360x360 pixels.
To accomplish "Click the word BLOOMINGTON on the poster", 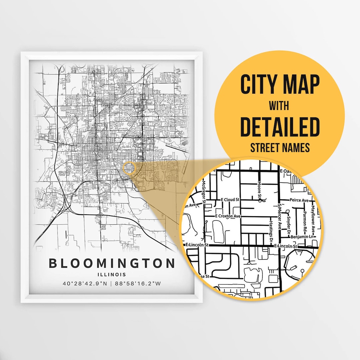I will (112, 263).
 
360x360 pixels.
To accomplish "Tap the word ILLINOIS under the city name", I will (112, 275).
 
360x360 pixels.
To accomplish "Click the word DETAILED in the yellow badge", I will (280, 127).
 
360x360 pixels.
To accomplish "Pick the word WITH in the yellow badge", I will (279, 106).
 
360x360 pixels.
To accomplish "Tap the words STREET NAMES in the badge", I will (280, 148).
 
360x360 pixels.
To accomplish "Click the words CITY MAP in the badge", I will (280, 85).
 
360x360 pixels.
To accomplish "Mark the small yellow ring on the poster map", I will (129, 168).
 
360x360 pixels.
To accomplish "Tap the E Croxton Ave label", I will (228, 216).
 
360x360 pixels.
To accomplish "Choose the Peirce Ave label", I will (299, 200).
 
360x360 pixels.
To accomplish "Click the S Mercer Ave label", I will (280, 218).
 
